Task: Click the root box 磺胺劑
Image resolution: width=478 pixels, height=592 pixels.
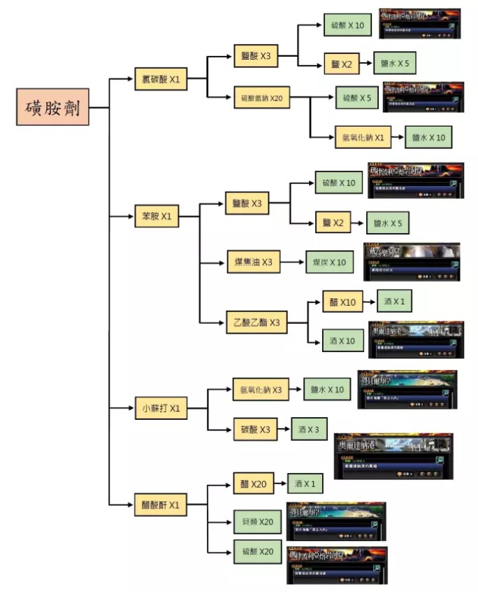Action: pyautogui.click(x=53, y=108)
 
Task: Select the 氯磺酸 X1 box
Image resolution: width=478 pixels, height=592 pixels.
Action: pyautogui.click(x=161, y=80)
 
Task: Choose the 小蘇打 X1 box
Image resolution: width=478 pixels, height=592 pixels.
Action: pyautogui.click(x=161, y=408)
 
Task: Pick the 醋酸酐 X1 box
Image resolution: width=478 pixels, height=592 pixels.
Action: pyautogui.click(x=161, y=504)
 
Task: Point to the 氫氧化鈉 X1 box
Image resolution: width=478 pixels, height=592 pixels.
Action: pyautogui.click(x=360, y=137)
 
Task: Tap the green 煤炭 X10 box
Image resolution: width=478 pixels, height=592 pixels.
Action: pyautogui.click(x=329, y=262)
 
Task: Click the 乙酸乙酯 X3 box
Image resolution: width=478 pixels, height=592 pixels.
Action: pyautogui.click(x=256, y=323)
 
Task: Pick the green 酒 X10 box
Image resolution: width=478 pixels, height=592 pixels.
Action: pyautogui.click(x=342, y=341)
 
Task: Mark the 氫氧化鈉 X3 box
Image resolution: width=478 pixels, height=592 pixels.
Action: pyautogui.click(x=261, y=389)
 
